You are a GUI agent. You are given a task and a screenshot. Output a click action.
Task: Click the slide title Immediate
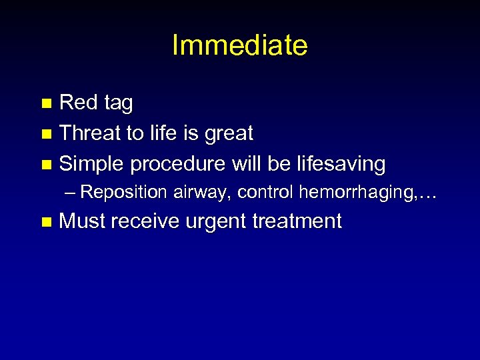click(x=239, y=45)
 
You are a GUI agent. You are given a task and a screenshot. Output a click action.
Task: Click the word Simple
click(x=92, y=164)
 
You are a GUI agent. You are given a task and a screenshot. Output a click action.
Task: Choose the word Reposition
click(x=125, y=193)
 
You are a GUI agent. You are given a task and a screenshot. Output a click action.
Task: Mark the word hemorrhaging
click(x=358, y=193)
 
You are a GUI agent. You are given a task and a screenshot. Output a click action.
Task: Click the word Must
click(x=83, y=221)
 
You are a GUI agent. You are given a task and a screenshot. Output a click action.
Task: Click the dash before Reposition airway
click(x=71, y=193)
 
